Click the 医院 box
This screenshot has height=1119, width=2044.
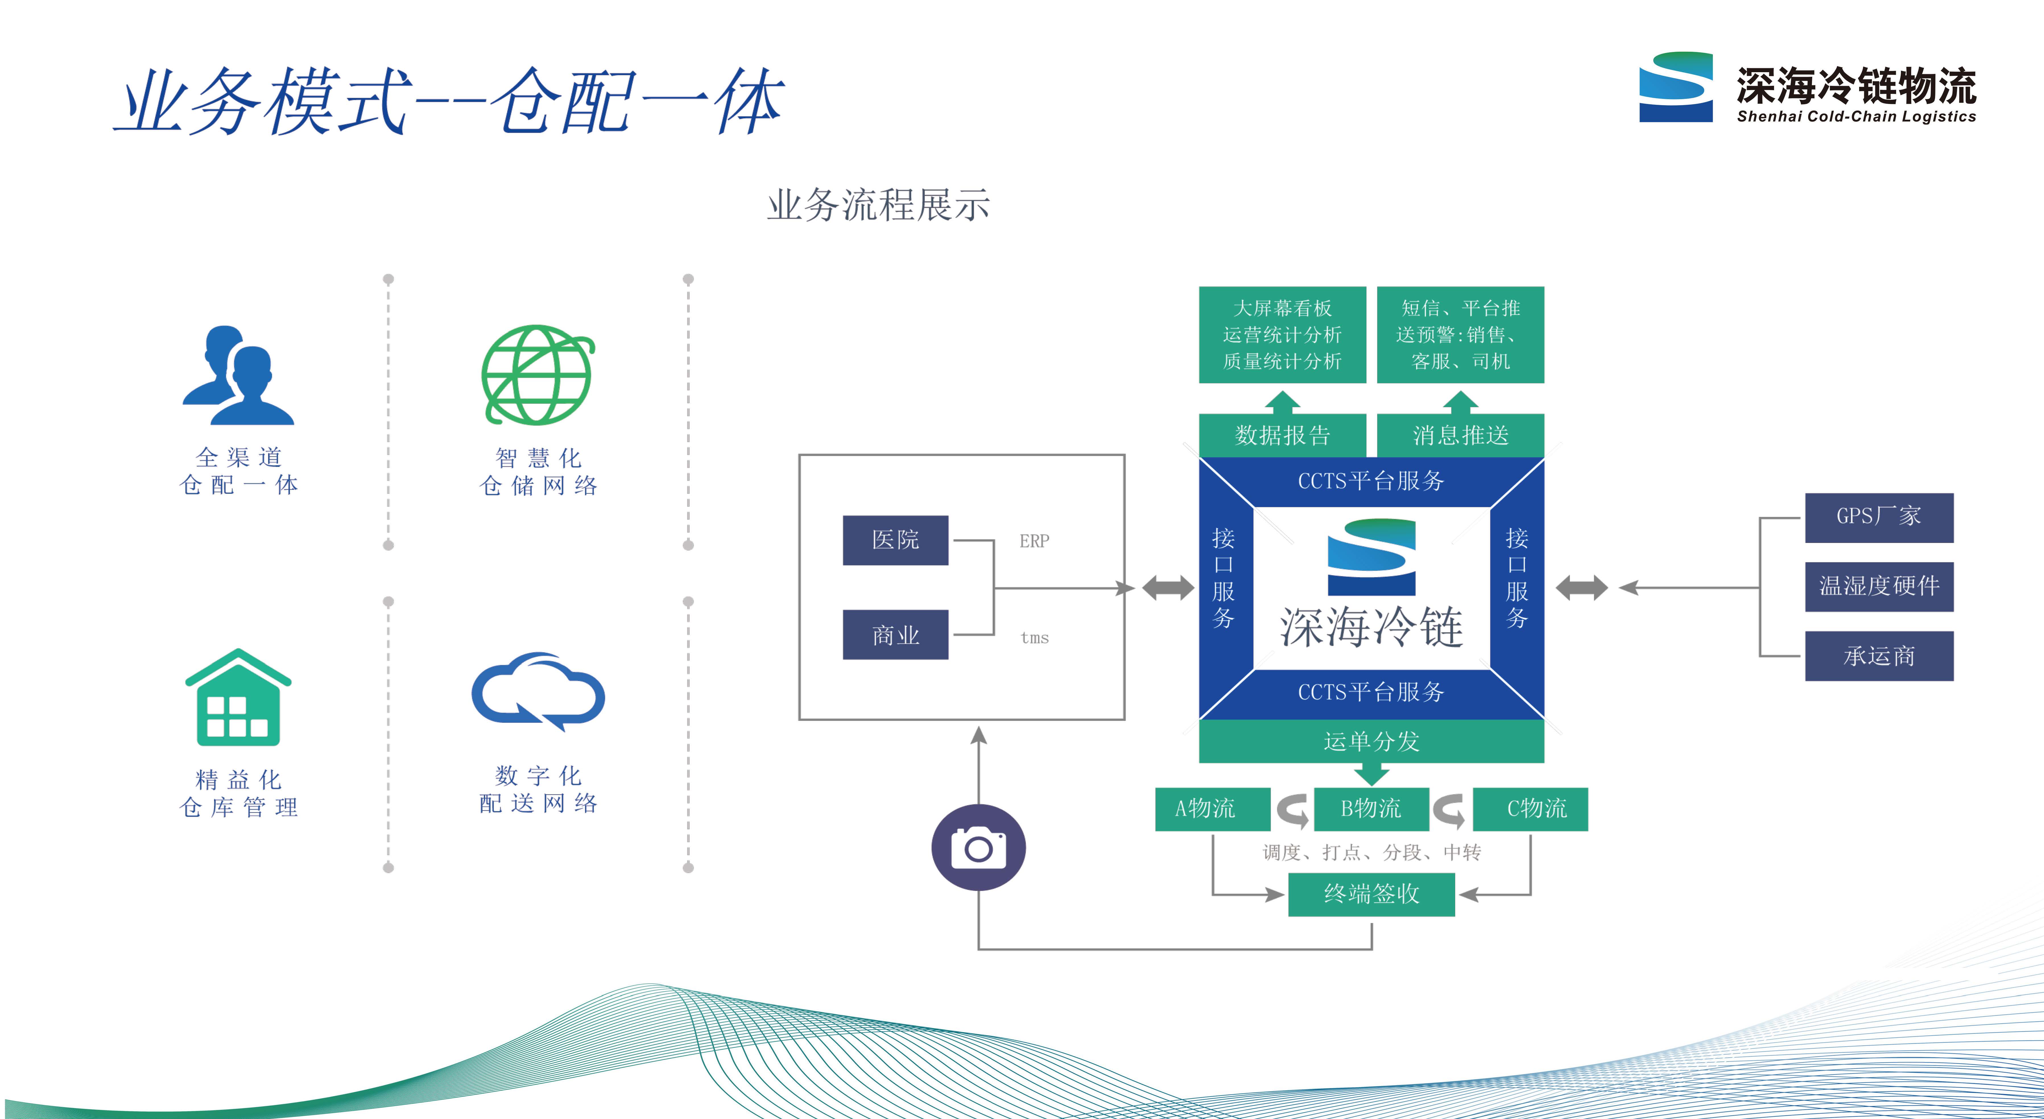(895, 540)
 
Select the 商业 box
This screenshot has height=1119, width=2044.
(895, 635)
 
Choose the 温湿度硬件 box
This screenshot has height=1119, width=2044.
(1878, 586)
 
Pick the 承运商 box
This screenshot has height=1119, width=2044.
(1878, 656)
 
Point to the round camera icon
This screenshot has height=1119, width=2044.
(978, 848)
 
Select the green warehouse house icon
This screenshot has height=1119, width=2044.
(238, 698)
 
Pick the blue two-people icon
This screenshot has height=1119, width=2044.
(238, 375)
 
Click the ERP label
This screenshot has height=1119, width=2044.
(1034, 541)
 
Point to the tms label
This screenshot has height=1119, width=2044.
(1034, 638)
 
